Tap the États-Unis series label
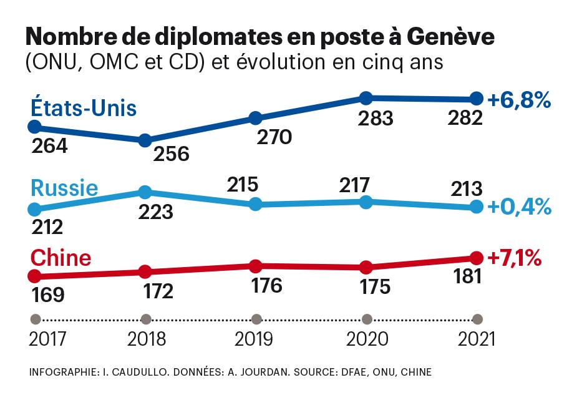coord(84,108)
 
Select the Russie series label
coord(64,188)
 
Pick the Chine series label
coord(61,258)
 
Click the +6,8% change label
coord(519,99)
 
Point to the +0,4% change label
coord(519,207)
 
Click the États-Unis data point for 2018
coord(145,140)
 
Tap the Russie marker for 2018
coord(145,192)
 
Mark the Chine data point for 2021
coord(477,257)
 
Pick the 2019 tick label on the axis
coord(254,339)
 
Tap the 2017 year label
coord(49,339)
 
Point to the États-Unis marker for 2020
coord(366,97)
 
